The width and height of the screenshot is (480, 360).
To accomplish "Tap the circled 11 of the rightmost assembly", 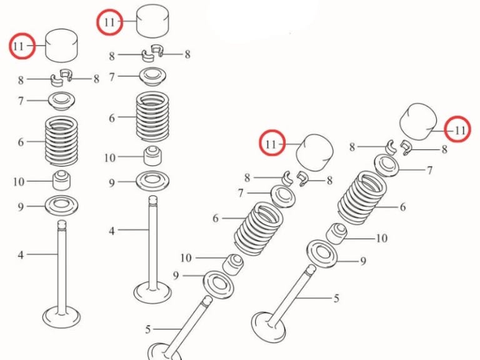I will tap(459, 130).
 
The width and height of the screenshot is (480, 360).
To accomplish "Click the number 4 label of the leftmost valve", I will tap(21, 254).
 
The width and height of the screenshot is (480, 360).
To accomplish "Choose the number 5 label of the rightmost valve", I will tap(336, 298).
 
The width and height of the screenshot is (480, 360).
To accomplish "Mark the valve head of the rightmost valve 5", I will tap(268, 325).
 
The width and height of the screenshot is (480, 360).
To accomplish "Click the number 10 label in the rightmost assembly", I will tap(381, 238).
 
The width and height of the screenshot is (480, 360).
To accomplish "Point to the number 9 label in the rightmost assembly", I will tap(362, 261).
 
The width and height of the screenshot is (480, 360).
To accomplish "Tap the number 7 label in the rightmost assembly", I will tap(429, 170).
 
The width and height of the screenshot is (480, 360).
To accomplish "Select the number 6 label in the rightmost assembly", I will tap(403, 207).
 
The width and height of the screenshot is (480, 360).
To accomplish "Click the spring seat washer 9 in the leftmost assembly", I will tap(61, 204).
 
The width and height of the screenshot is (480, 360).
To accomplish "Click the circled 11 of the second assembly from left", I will tap(109, 22).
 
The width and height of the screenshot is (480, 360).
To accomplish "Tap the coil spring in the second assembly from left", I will tap(153, 116).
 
